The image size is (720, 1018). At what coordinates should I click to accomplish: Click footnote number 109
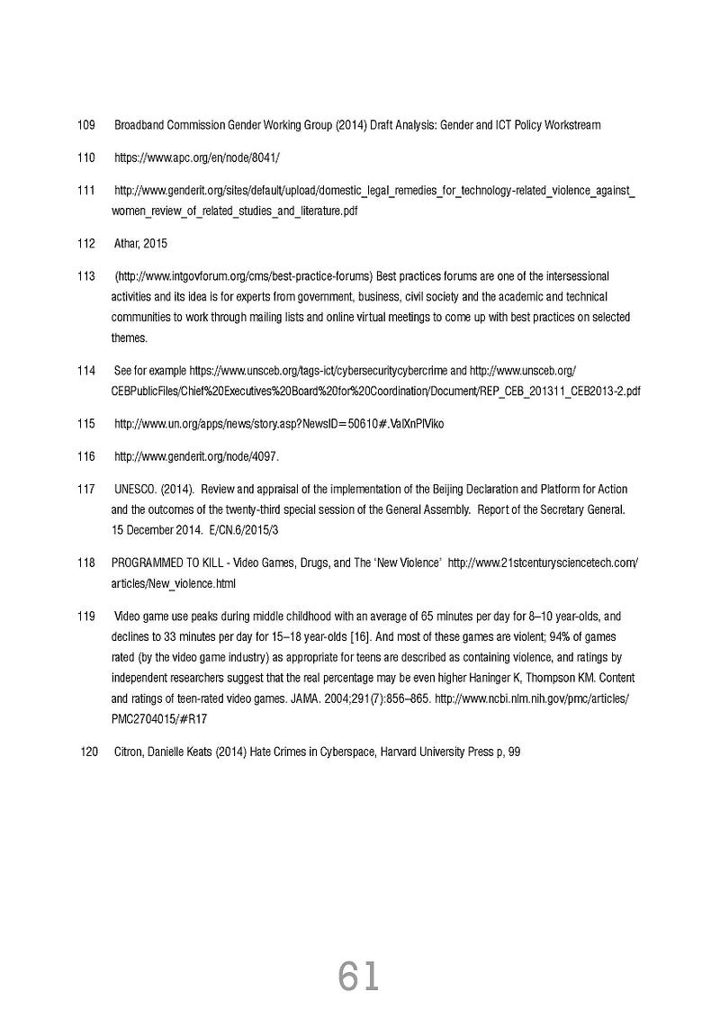[x=86, y=125]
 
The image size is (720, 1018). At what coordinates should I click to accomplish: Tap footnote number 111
[x=86, y=191]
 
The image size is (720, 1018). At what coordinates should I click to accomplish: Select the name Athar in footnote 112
[x=126, y=244]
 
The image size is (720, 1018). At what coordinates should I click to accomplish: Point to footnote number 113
[x=86, y=275]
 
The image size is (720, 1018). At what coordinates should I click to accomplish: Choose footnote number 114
[x=86, y=371]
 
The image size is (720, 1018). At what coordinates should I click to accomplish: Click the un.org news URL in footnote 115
[x=279, y=424]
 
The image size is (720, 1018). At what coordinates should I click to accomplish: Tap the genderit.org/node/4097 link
[x=196, y=456]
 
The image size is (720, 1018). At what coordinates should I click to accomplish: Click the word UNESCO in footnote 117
[x=136, y=490]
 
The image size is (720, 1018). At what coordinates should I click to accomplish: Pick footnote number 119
[x=86, y=617]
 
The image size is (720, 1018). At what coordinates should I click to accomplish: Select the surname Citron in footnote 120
[x=127, y=752]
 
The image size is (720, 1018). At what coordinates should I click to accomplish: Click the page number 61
[x=359, y=976]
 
